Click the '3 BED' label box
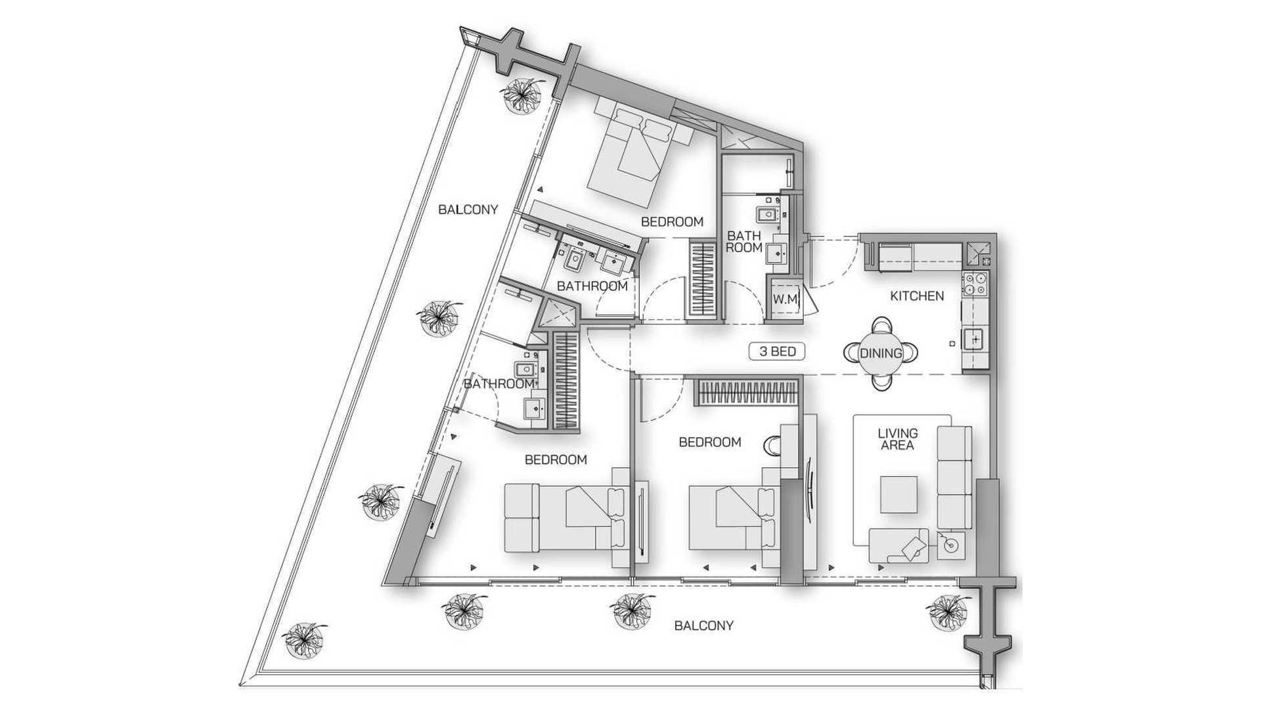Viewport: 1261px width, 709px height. (778, 352)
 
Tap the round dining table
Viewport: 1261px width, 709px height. (881, 353)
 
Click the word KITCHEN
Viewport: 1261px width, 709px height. (917, 296)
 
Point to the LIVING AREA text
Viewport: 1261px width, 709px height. (898, 439)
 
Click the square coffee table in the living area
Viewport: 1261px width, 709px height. (899, 494)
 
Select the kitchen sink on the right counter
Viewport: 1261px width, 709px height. (975, 339)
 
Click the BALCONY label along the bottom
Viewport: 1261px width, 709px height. (703, 626)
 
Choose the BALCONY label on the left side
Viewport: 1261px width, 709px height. (468, 210)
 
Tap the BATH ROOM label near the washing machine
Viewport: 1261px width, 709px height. (744, 242)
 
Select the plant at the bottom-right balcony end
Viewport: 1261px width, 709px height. (946, 611)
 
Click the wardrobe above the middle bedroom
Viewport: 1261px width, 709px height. (747, 394)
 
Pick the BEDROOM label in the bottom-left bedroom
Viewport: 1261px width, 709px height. (556, 460)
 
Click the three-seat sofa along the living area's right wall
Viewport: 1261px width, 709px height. (954, 477)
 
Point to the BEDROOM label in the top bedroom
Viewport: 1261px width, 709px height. (672, 222)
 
